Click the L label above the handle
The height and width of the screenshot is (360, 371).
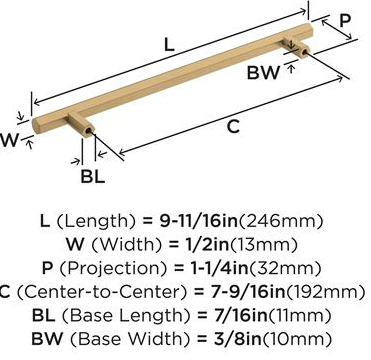(x=170, y=44)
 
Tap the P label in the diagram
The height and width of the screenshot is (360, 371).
(x=345, y=21)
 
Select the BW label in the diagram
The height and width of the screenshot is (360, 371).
(x=263, y=73)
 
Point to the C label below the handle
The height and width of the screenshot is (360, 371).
(x=234, y=127)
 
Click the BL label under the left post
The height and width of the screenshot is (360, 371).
(x=93, y=176)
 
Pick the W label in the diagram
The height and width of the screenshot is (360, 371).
(x=8, y=140)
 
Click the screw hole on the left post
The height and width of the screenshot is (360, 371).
(x=89, y=131)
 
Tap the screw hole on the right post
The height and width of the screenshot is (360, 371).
(x=304, y=51)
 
